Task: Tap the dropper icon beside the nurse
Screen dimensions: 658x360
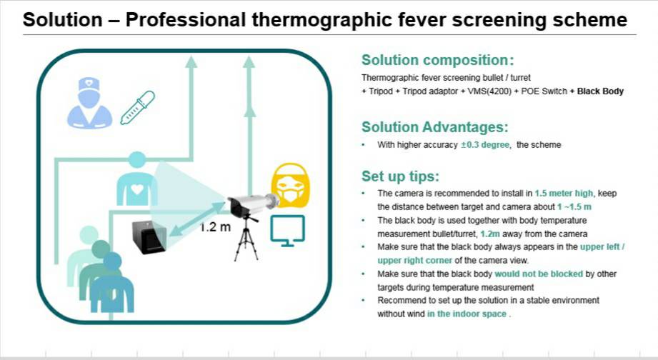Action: [x=138, y=107]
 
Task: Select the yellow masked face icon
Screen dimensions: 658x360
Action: [x=290, y=185]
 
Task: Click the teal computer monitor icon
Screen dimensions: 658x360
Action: [x=287, y=230]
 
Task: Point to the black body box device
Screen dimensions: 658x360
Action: [x=150, y=237]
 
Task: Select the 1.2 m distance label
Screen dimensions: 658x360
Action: [x=215, y=227]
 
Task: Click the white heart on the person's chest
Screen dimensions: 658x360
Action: [x=136, y=189]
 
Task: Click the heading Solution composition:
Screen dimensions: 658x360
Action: [x=438, y=60]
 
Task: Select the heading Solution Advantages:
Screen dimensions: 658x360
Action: [x=435, y=126]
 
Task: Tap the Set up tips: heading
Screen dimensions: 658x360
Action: [x=400, y=176]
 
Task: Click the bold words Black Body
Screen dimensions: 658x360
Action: [x=600, y=91]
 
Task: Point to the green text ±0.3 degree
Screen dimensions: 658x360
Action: [x=484, y=145]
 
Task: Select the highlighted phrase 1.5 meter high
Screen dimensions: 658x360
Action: [x=564, y=194]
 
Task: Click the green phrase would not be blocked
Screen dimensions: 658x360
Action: [x=539, y=274]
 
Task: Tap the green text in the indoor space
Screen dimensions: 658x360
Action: [x=467, y=314]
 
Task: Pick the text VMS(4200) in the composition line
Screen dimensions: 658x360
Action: [x=489, y=91]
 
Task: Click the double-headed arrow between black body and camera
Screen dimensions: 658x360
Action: [x=198, y=219]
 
